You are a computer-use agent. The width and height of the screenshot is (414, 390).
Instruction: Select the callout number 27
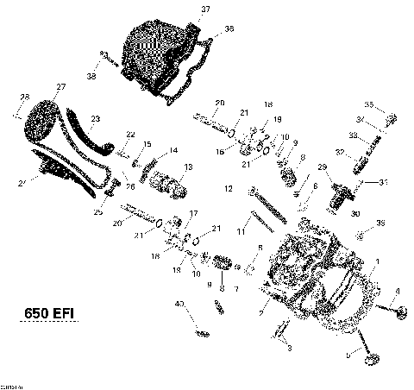[x=61, y=87]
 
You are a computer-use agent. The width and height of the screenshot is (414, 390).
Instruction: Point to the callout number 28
[x=24, y=96]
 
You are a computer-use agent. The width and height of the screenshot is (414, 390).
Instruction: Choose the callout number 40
[x=179, y=304]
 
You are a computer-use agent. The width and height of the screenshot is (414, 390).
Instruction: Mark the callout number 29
[x=323, y=167]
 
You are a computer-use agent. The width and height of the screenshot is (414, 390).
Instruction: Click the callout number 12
[x=229, y=187]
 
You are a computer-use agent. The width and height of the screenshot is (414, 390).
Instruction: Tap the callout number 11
[x=242, y=232]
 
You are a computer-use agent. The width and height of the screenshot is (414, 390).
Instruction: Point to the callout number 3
[x=290, y=347]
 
